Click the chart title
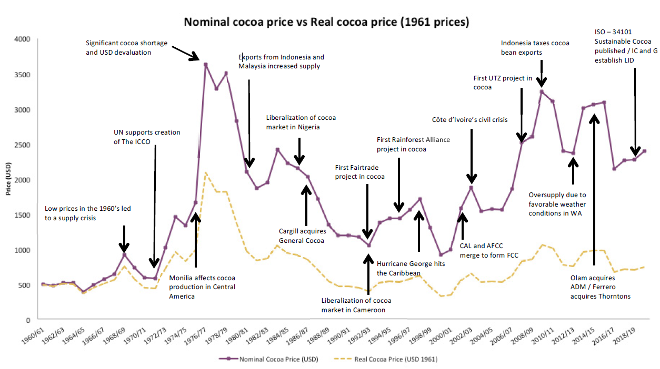click(x=326, y=23)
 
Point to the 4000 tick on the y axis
click(x=23, y=39)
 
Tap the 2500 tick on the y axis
click(x=23, y=145)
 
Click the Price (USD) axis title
click(x=8, y=179)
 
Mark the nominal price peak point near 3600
click(x=206, y=65)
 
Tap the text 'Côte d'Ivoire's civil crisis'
click(x=469, y=120)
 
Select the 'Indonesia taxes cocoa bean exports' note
click(x=535, y=48)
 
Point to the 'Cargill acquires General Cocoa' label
click(x=302, y=235)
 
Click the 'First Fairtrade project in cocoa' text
click(x=359, y=172)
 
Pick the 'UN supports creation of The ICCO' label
click(x=147, y=137)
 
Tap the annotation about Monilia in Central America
click(x=202, y=286)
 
